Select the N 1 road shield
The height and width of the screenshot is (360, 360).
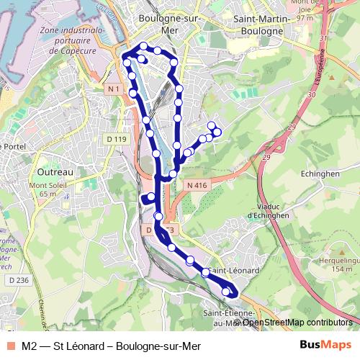112,89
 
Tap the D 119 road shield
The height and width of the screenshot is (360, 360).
116,139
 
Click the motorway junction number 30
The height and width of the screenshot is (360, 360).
312,94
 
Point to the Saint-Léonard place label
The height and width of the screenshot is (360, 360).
236,270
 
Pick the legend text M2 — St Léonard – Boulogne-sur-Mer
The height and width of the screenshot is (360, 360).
111,346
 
